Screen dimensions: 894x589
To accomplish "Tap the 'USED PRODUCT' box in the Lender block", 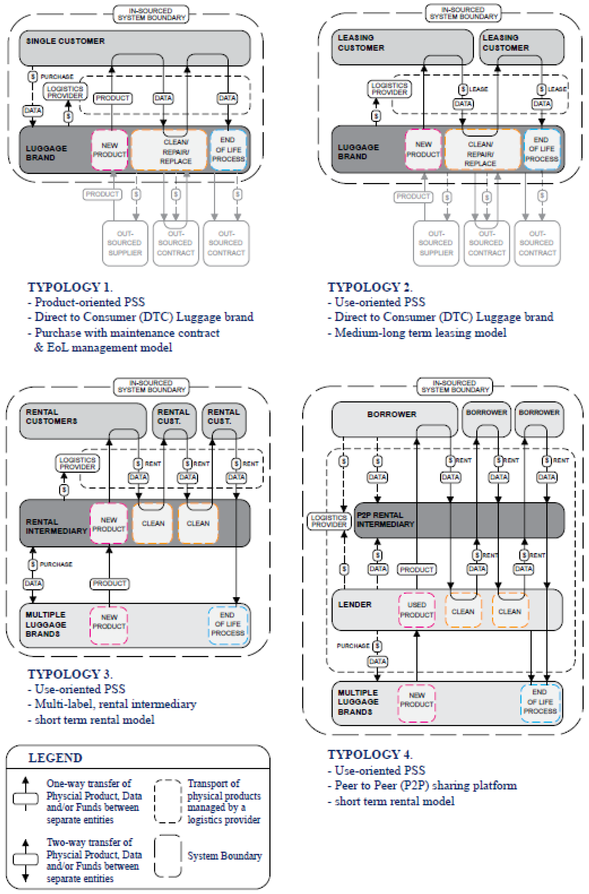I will coord(417,610).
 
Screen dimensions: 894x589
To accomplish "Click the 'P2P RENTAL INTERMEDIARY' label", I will coord(385,519).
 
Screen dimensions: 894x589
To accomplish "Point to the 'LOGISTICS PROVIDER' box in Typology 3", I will coord(77,463).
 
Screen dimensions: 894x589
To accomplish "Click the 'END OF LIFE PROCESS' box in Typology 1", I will coord(228,150).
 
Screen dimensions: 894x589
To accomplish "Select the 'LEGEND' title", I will coord(55,758).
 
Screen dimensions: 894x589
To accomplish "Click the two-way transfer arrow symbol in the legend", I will coord(25,860).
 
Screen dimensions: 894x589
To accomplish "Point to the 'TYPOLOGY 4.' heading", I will coord(370,754).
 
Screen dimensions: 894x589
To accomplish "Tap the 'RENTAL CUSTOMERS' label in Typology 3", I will coord(52,417).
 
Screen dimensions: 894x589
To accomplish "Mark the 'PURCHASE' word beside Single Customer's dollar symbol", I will coord(57,77).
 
